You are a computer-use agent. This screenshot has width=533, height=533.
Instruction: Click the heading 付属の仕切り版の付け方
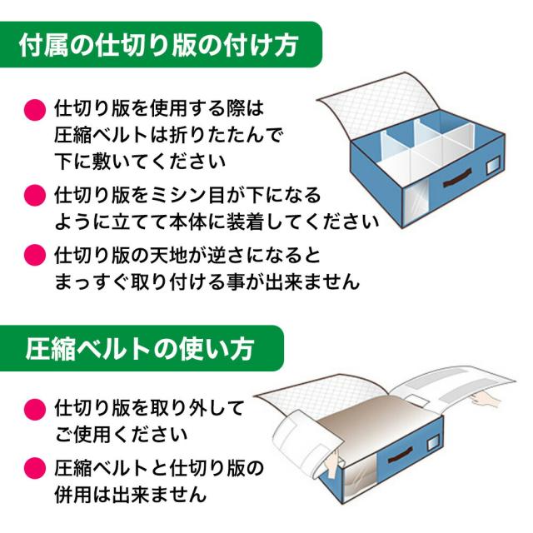point(159,45)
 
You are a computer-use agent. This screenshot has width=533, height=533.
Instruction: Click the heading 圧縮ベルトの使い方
point(140,349)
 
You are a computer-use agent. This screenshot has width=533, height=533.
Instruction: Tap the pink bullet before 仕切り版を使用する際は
point(35,110)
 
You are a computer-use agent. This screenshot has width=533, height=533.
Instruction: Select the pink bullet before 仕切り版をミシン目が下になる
point(35,196)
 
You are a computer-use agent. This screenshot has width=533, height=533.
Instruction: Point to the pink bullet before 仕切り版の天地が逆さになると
point(35,256)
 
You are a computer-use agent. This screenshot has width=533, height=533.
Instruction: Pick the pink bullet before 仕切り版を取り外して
point(35,409)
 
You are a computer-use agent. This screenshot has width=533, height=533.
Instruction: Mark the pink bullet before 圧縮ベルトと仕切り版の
point(35,468)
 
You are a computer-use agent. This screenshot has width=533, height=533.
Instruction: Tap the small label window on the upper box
point(493,167)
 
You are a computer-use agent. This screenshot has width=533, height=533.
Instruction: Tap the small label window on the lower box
point(432,442)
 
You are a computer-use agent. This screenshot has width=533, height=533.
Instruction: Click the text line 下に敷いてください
point(140,161)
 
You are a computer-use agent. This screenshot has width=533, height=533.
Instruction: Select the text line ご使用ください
point(122,435)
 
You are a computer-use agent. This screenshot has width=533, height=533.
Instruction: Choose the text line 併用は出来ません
point(131,494)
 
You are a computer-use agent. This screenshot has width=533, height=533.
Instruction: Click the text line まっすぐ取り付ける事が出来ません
point(207,281)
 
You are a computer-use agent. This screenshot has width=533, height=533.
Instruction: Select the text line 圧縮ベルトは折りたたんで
point(168,135)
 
